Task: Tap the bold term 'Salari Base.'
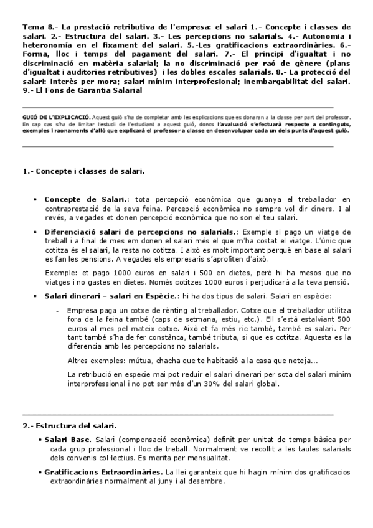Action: click(x=68, y=440)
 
